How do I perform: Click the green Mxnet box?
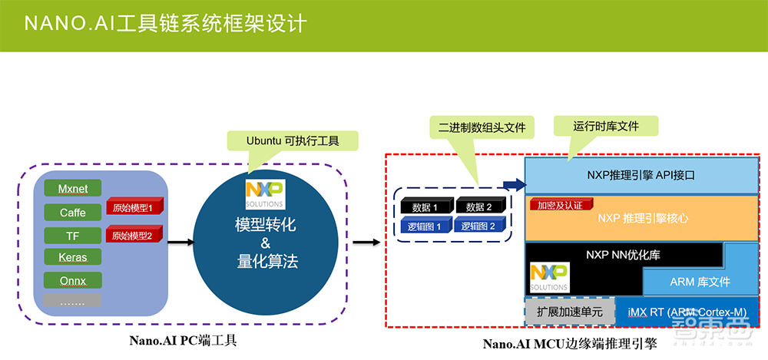tap(72, 189)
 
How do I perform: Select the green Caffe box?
tap(72, 212)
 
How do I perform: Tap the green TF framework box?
tap(72, 235)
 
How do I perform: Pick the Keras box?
tap(72, 257)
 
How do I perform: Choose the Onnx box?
tap(72, 280)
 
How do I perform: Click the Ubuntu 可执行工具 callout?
tap(292, 141)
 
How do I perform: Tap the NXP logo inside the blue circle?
tap(264, 193)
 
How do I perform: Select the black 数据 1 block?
tap(425, 207)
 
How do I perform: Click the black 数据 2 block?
tap(479, 207)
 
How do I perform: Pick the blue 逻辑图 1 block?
tap(425, 226)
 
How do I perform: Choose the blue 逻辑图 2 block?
tap(479, 226)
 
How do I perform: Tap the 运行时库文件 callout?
tap(606, 126)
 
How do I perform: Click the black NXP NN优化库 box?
tap(622, 254)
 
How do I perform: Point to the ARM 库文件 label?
tap(700, 282)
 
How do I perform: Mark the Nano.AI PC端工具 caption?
tap(181, 340)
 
